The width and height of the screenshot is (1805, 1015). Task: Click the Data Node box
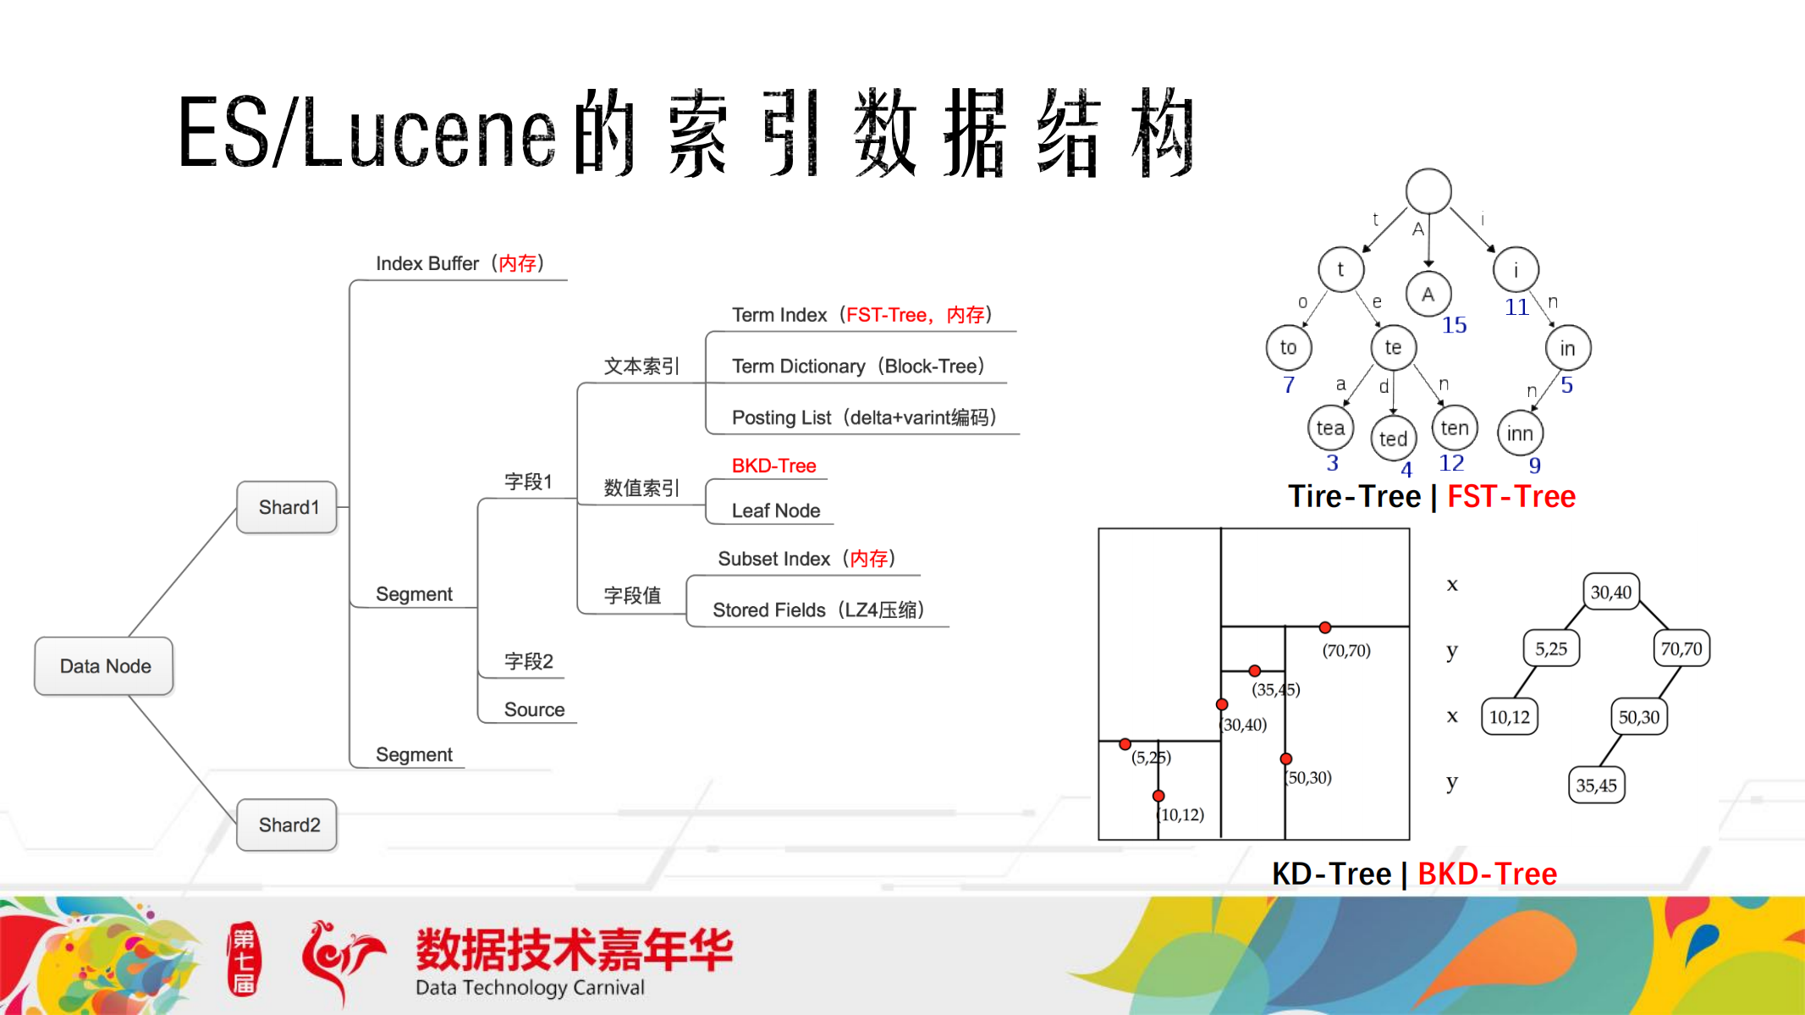coord(104,666)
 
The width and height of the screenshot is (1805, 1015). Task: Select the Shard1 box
coord(288,507)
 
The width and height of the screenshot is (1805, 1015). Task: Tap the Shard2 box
coord(288,825)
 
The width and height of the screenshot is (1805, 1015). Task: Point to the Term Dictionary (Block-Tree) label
coord(857,366)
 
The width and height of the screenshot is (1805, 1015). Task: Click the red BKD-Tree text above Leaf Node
coord(773,466)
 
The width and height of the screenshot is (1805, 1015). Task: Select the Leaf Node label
coord(775,510)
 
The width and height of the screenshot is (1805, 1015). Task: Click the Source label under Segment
coord(534,709)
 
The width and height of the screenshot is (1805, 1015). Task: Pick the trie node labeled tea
coord(1330,428)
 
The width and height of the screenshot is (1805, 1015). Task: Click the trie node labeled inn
coord(1520,433)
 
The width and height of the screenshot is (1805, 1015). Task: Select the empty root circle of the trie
coord(1428,190)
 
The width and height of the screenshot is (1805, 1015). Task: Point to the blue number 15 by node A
coord(1454,325)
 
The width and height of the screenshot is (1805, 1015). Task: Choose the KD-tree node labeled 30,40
coord(1610,592)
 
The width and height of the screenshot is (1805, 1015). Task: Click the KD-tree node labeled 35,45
coord(1596,785)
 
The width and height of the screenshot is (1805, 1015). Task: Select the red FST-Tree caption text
coord(1511,496)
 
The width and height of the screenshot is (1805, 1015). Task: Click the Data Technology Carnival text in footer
coord(530,987)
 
